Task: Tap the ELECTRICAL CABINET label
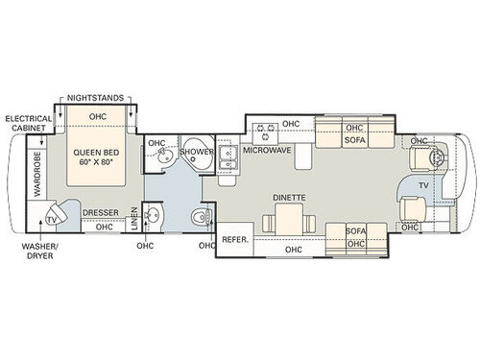pos(27,125)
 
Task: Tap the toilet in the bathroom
pos(199,216)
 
